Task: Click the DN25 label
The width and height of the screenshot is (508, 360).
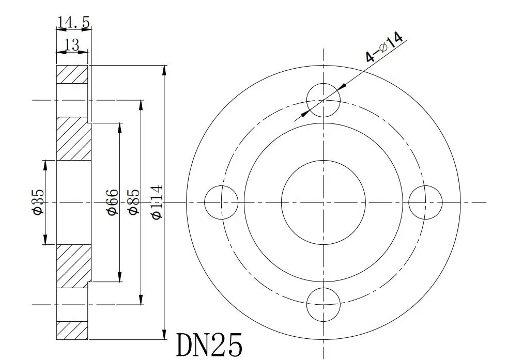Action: [x=209, y=345]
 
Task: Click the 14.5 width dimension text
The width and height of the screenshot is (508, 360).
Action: [x=73, y=22]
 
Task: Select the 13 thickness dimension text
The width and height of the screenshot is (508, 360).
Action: [x=72, y=45]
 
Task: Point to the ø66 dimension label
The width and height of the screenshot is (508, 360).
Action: [x=112, y=202]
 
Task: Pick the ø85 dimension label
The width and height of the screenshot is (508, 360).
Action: [x=133, y=202]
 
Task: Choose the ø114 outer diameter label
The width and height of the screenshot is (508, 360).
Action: [x=157, y=202]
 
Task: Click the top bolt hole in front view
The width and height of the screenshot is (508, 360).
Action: [x=324, y=99]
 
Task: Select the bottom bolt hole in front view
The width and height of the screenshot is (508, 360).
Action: [x=324, y=304]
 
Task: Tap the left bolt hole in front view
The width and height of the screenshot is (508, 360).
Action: [x=221, y=202]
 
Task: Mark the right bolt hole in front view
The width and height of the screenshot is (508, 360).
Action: [x=425, y=202]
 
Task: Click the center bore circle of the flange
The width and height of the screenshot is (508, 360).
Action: [x=324, y=202]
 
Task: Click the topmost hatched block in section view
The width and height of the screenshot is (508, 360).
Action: [x=71, y=74]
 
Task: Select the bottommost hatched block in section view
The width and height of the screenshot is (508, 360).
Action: [x=71, y=330]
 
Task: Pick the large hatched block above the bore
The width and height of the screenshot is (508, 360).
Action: [x=73, y=139]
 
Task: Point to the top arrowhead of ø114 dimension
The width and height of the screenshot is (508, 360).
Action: [x=164, y=70]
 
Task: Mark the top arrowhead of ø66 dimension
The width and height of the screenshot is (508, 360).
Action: [x=120, y=127]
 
